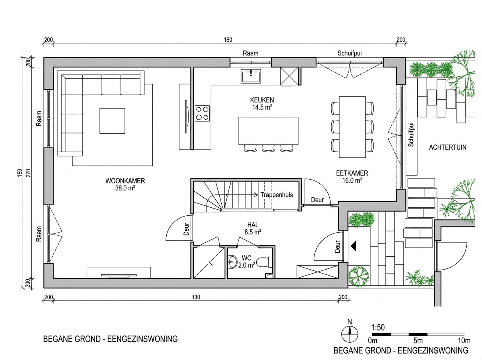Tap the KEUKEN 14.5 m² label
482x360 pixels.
point(262,104)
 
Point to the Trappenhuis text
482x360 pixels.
point(277,195)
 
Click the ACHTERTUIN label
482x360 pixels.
point(448,147)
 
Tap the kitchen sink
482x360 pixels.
point(251,76)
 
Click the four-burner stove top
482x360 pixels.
point(202,113)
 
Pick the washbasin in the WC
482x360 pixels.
point(232,262)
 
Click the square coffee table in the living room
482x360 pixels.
point(112,121)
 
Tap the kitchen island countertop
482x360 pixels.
point(268,131)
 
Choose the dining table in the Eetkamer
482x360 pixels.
point(352,127)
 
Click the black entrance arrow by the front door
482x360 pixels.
point(353,246)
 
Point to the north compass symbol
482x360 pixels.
point(349,334)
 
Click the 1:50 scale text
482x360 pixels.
point(378,328)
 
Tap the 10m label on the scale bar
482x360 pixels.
point(464,341)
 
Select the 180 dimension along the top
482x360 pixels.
point(228,40)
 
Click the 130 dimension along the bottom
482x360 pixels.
point(196,297)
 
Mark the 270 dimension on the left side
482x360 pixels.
point(29,173)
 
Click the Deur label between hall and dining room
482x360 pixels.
point(317,200)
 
